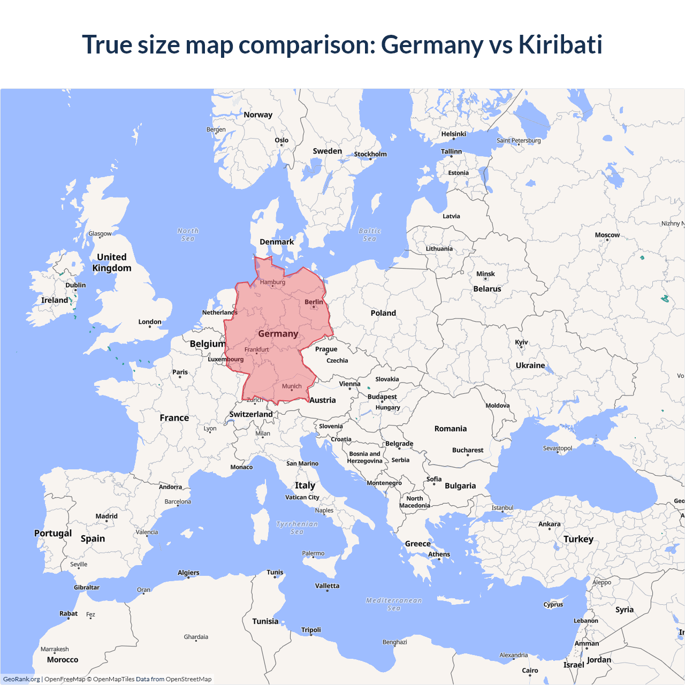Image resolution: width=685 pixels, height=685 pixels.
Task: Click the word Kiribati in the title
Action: tap(560, 44)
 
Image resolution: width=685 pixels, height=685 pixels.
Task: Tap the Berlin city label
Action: tap(314, 302)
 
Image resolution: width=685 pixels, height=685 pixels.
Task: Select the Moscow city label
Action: tap(607, 235)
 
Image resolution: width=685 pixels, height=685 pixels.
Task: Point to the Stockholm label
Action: tap(370, 154)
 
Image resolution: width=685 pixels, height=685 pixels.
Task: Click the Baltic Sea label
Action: tap(370, 235)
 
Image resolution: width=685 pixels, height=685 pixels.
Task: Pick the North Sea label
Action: tap(188, 235)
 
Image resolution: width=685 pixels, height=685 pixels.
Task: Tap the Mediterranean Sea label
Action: tap(394, 604)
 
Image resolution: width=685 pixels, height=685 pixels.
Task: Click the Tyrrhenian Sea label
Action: tap(297, 528)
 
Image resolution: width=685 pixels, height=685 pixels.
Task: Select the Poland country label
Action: tap(383, 313)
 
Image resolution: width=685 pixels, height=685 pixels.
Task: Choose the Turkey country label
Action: tap(578, 539)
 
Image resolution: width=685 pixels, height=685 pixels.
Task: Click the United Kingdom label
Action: tap(111, 263)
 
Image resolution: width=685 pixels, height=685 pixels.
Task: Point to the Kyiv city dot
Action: tap(521, 347)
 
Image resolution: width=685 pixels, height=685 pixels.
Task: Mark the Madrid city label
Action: tap(106, 516)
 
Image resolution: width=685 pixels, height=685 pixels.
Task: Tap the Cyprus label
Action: tap(553, 605)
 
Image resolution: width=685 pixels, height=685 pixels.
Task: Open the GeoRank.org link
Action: tap(21, 679)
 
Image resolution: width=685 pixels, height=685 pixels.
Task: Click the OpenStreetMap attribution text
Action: tap(188, 679)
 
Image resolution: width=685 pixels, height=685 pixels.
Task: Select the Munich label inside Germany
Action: tap(292, 386)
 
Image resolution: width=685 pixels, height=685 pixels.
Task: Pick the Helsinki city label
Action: tap(453, 134)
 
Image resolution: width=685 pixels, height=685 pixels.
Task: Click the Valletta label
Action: tap(327, 586)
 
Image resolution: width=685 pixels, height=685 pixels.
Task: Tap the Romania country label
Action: tap(450, 429)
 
